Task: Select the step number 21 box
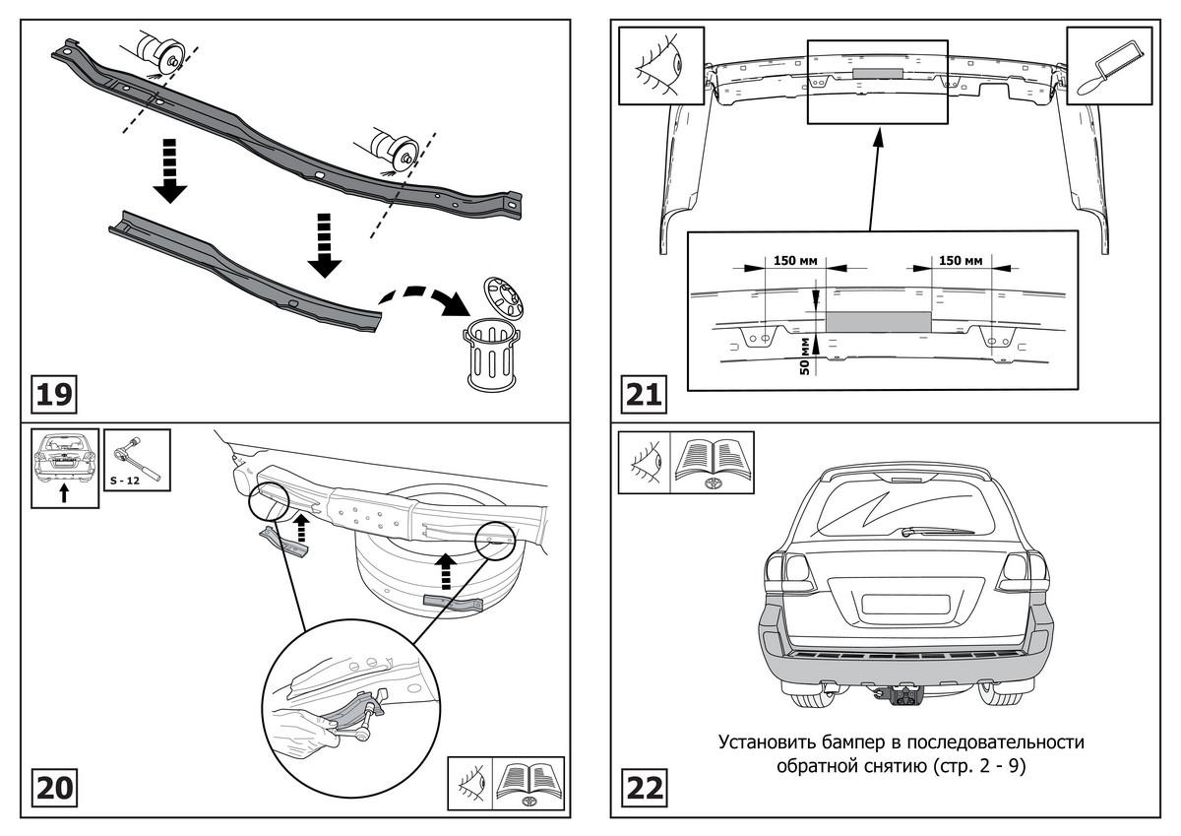(x=643, y=395)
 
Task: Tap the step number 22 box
(x=643, y=788)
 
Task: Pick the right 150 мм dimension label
(x=960, y=261)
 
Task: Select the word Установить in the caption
(x=767, y=741)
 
